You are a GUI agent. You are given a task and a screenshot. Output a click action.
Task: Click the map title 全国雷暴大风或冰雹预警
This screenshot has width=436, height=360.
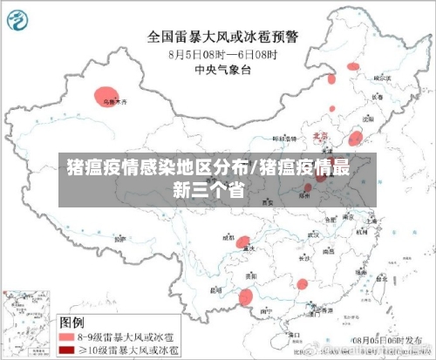click(x=221, y=37)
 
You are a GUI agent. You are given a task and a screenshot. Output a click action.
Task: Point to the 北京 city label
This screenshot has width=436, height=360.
click(x=319, y=137)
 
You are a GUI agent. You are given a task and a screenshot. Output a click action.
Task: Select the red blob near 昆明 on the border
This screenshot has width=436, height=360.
click(x=247, y=297)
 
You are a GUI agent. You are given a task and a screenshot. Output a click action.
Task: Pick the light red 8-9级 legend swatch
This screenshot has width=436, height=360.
click(x=66, y=336)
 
